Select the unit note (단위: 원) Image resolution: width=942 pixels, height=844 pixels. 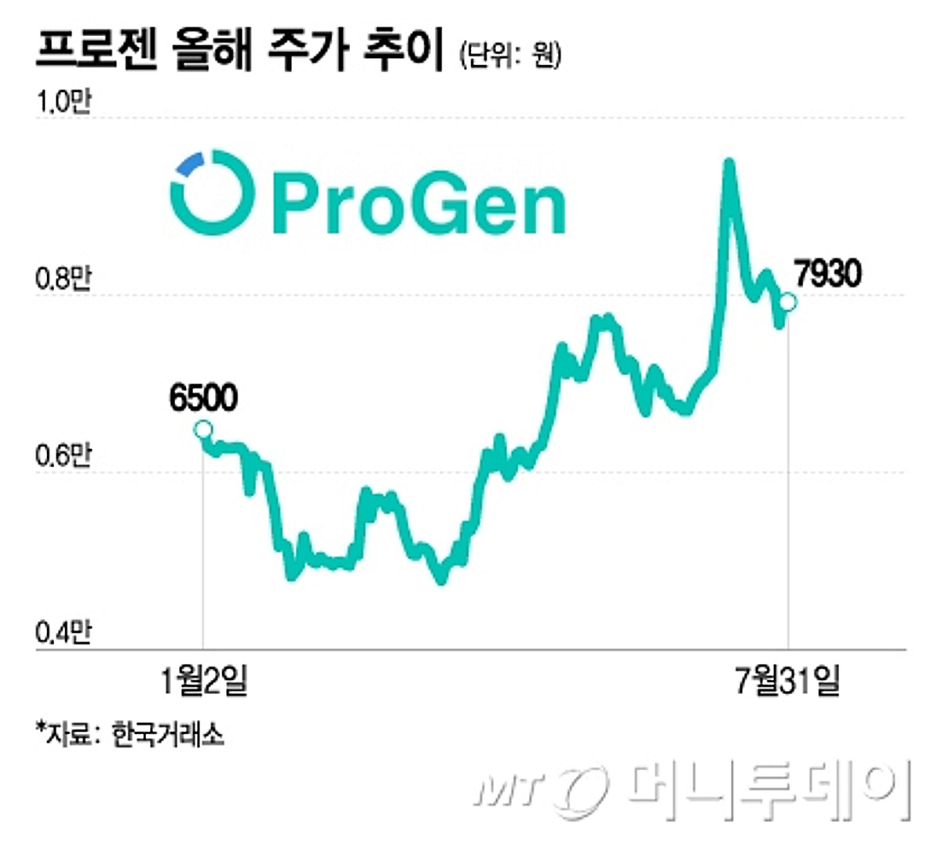tap(510, 54)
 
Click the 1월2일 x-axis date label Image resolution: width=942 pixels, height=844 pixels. tap(203, 680)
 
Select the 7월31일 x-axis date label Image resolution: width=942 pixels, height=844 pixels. tap(787, 680)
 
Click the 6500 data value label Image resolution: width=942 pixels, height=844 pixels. tap(203, 399)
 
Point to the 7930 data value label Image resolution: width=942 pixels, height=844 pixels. tap(827, 274)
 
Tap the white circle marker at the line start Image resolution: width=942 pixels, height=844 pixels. tap(203, 429)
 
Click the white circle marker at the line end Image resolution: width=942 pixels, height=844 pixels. tap(788, 301)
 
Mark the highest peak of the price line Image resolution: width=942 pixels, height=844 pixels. tap(728, 163)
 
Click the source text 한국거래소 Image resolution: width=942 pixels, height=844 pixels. tap(168, 734)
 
